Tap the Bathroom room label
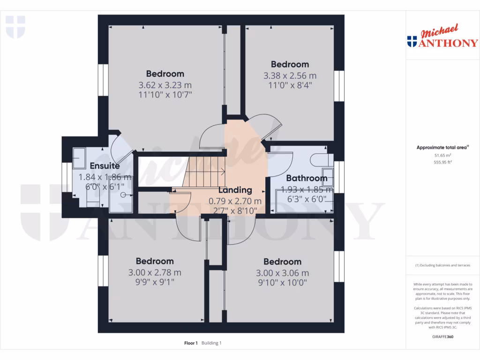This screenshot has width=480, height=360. (x=307, y=178)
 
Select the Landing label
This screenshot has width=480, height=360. (x=235, y=190)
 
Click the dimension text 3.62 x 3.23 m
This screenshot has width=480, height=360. (x=165, y=85)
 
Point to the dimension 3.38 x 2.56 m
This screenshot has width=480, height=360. (x=290, y=75)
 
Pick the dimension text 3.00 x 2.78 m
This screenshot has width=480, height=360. (x=155, y=273)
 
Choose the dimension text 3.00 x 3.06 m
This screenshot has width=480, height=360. (x=282, y=273)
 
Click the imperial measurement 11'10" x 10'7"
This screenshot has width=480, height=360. (x=165, y=95)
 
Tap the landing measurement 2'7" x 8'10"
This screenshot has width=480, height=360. (x=235, y=211)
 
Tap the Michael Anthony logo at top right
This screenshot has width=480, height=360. (x=442, y=37)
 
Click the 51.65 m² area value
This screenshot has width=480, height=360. (x=442, y=155)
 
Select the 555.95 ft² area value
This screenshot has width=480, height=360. (x=442, y=162)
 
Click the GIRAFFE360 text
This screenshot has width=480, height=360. (x=442, y=337)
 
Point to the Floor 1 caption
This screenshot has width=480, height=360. (x=191, y=343)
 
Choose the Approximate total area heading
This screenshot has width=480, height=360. (x=442, y=147)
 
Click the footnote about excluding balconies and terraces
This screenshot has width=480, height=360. (x=442, y=265)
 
